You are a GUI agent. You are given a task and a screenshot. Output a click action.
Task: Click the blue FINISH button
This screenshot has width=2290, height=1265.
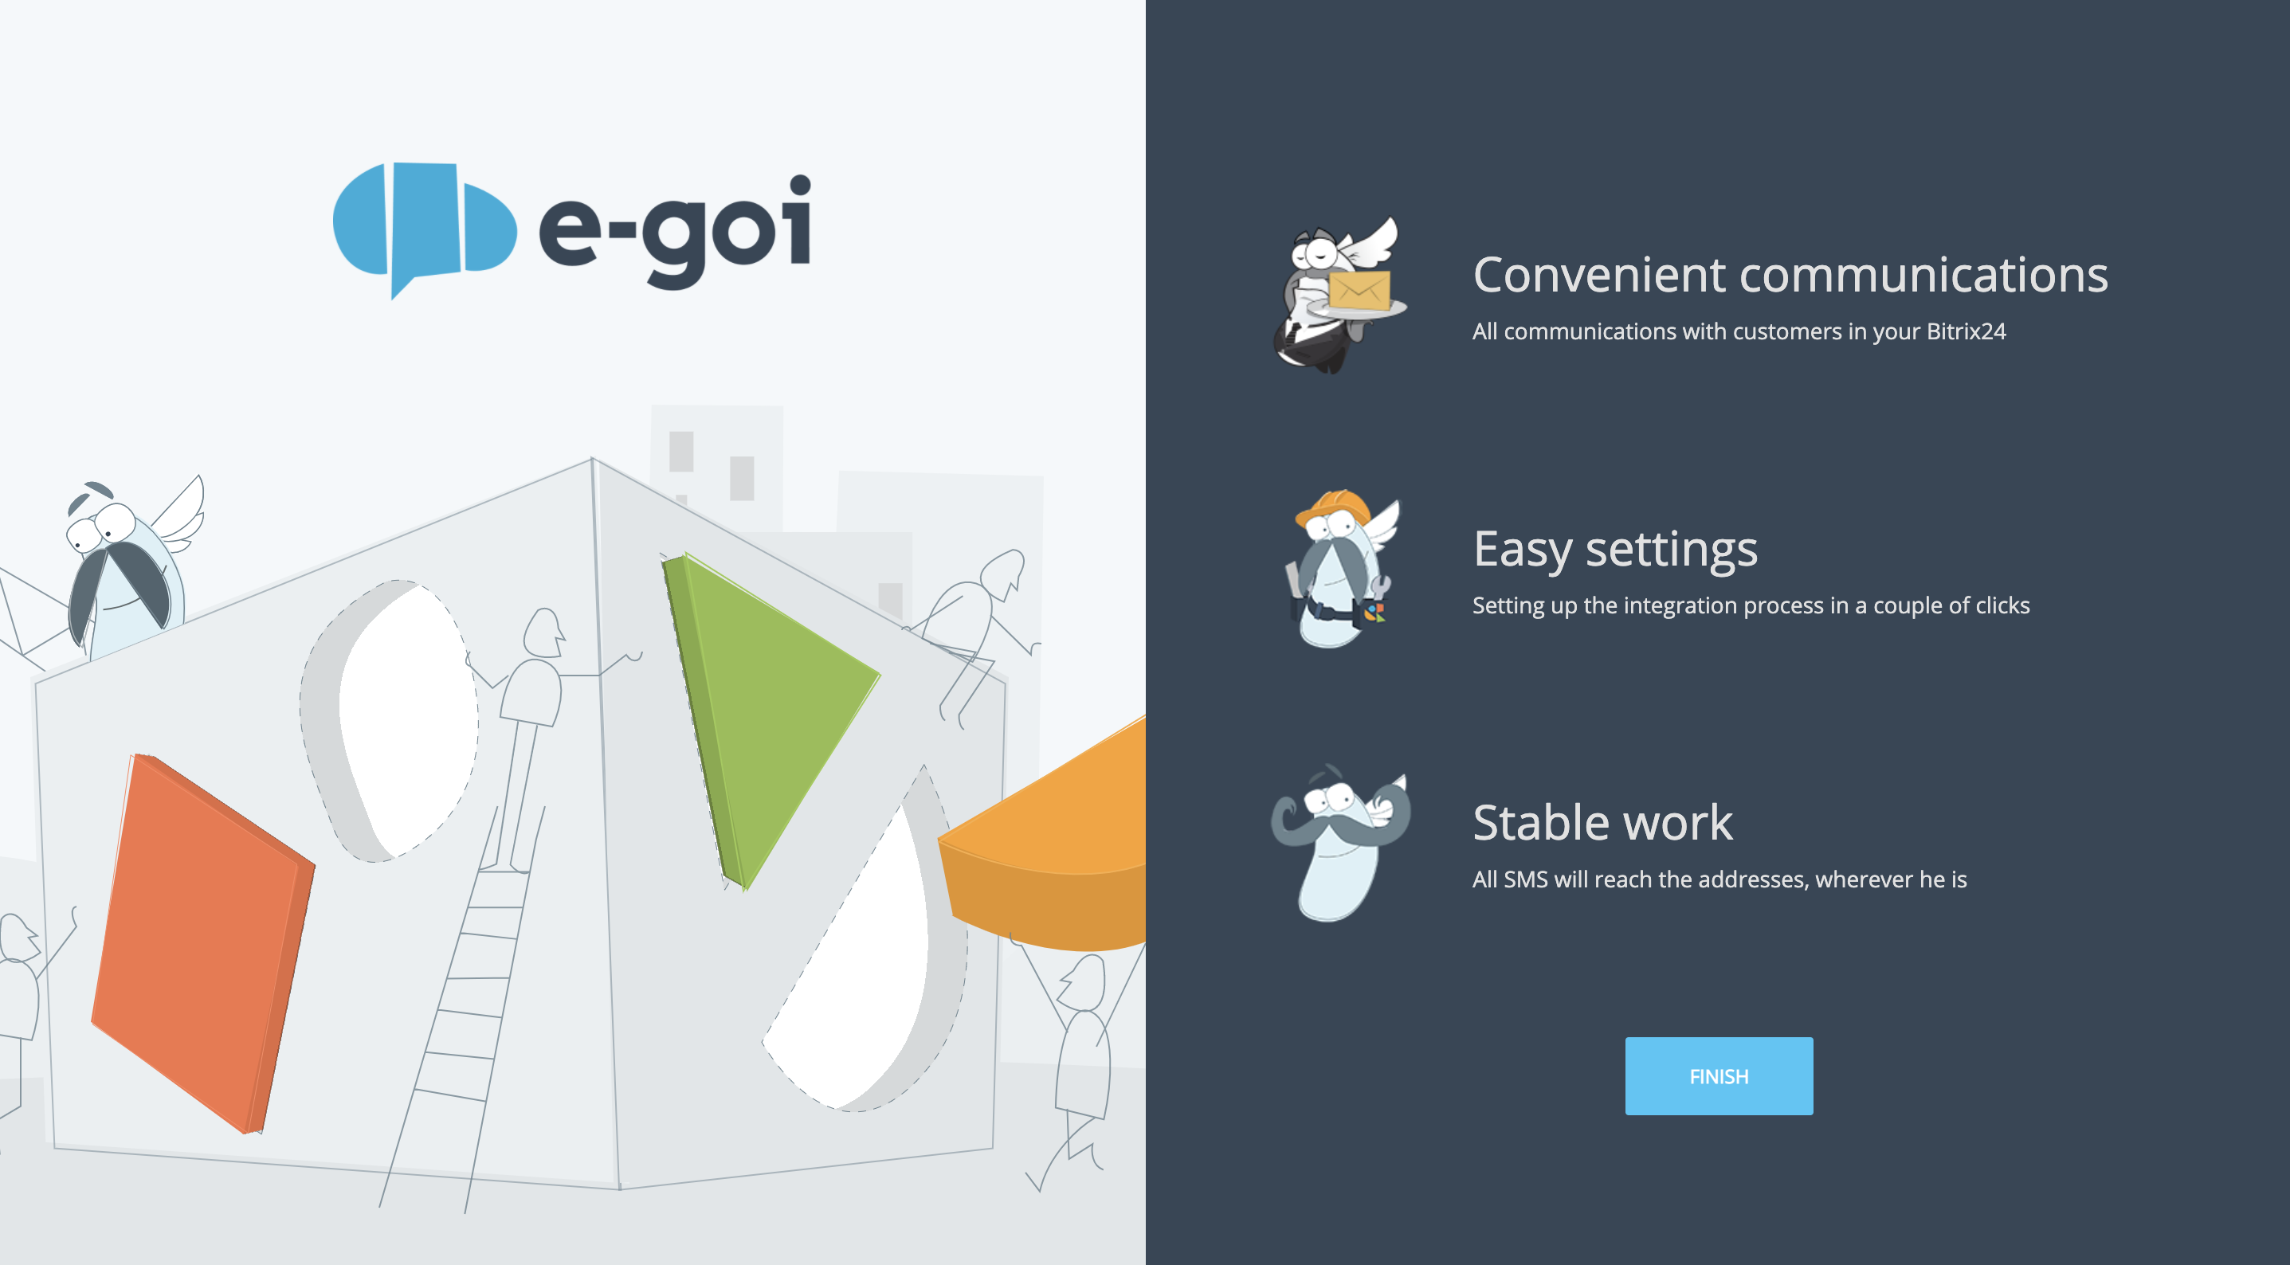point(1719,1075)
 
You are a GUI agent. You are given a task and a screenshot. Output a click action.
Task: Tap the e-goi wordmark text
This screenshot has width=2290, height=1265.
point(675,232)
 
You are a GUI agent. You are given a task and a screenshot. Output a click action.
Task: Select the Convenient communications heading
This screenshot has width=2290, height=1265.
point(1790,274)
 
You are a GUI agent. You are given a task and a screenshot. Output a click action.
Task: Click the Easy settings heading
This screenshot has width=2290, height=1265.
point(1615,550)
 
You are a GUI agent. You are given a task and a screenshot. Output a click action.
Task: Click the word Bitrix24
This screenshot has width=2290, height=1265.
point(1966,331)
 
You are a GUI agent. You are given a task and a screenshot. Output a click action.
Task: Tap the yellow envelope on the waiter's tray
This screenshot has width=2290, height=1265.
point(1359,291)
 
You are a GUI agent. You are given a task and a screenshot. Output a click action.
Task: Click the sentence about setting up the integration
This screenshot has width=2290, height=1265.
point(1751,605)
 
